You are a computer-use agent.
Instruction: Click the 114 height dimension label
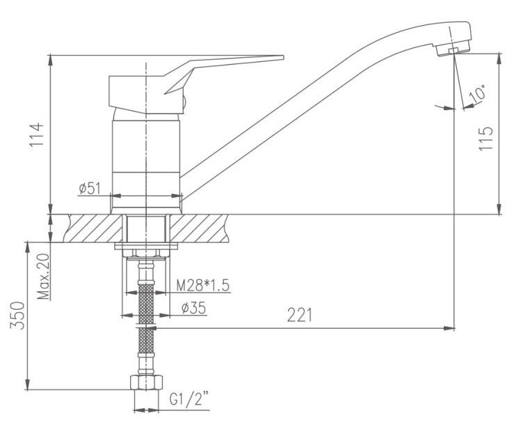click(36, 137)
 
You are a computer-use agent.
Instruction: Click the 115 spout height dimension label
click(485, 139)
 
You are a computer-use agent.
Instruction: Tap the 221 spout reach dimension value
click(300, 315)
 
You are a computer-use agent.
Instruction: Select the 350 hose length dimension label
click(17, 316)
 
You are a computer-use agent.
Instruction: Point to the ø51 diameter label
click(90, 189)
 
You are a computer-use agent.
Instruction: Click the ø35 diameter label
click(194, 308)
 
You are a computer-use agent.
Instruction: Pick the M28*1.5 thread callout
click(203, 285)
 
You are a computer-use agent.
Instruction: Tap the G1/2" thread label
click(189, 399)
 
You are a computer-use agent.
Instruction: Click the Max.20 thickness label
click(43, 277)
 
